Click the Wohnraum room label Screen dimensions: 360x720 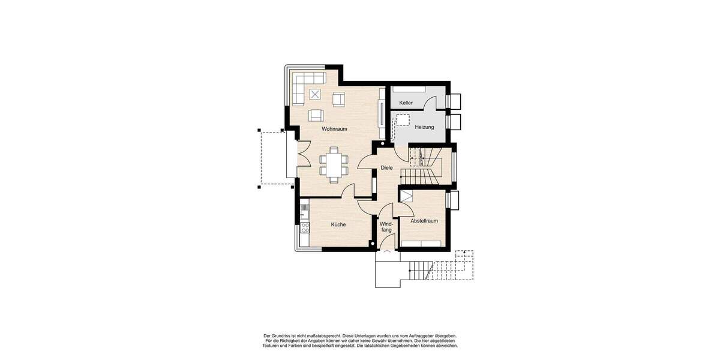(x=334, y=129)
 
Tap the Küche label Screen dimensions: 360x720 (x=338, y=224)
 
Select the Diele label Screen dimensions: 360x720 (x=386, y=168)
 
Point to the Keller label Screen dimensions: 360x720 (x=406, y=103)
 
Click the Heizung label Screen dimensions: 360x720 (x=424, y=127)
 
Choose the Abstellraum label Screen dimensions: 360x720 (x=424, y=221)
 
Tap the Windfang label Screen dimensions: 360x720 (x=386, y=226)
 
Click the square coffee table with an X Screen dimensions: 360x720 (x=316, y=94)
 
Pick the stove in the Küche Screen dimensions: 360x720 (x=305, y=227)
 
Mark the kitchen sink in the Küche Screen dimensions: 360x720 (x=304, y=211)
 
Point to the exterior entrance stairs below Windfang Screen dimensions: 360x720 (x=419, y=272)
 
